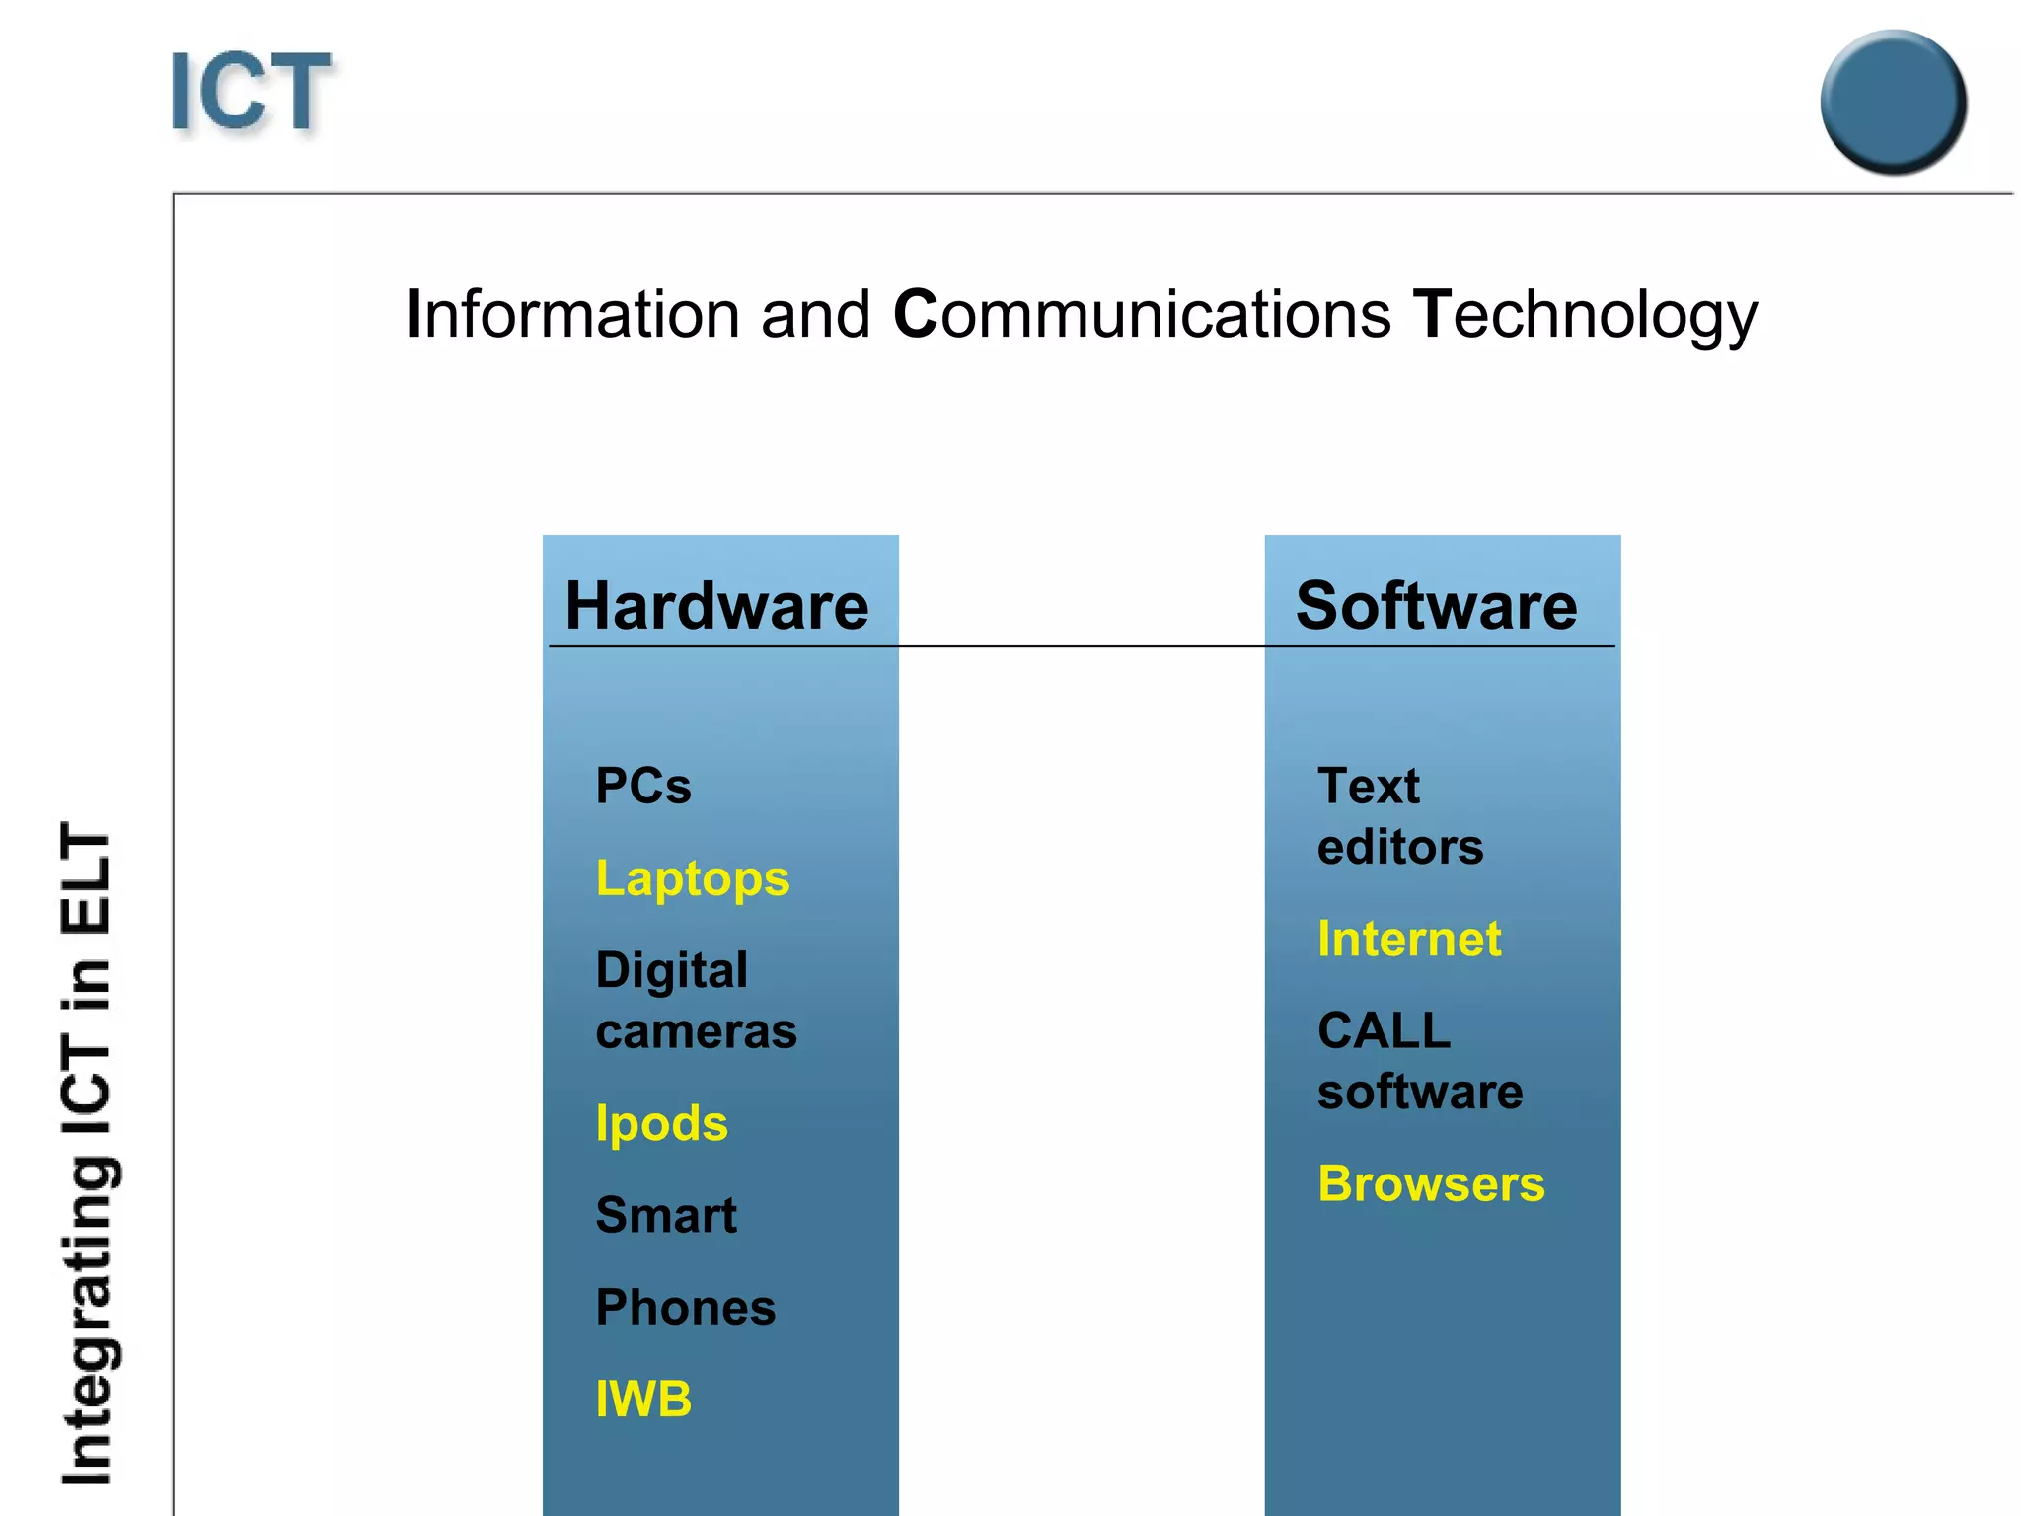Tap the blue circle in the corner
coord(1893,102)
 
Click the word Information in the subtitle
coord(572,315)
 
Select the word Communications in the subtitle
coord(1142,315)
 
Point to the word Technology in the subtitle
coord(1585,317)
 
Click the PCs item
coord(643,787)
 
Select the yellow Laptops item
coord(693,878)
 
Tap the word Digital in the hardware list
coord(672,970)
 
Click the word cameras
coord(697,1032)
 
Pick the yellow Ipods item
coord(662,1124)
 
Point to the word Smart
coord(666,1215)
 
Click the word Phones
coord(686,1308)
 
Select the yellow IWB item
coord(643,1400)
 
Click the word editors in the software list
coord(1400,848)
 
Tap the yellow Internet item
coord(1409,939)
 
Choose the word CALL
coord(1384,1031)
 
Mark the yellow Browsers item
coord(1431,1184)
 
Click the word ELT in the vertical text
coord(86,878)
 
